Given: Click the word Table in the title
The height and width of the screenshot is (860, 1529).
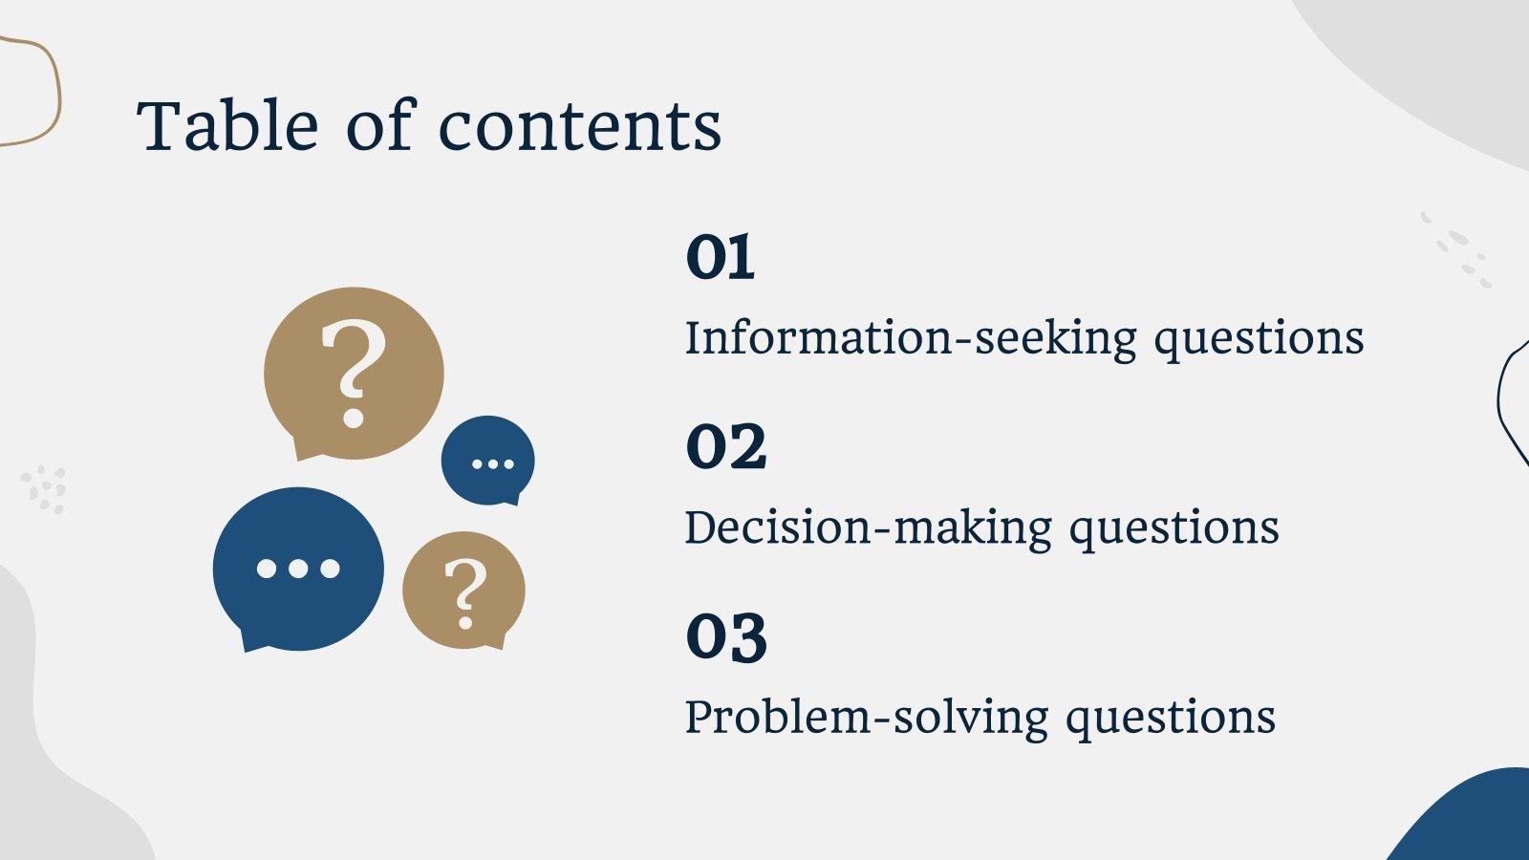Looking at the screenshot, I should point(227,126).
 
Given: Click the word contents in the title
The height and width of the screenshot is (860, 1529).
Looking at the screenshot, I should point(579,128).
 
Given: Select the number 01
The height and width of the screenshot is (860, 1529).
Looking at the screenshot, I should point(721,258).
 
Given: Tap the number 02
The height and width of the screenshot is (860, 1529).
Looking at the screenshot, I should point(726,447).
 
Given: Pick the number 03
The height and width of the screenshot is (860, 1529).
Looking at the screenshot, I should point(726,637).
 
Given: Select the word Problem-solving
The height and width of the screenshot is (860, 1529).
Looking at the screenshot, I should point(866,717).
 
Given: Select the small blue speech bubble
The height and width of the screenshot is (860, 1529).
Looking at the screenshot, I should point(488,459).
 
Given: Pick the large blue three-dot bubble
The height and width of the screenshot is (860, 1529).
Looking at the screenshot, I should point(298,569).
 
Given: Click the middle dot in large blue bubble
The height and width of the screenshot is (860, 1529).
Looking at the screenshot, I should point(298,569).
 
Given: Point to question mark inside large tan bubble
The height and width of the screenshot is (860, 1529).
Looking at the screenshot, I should point(354,371).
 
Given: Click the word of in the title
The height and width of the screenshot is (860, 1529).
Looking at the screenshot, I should point(379,126).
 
